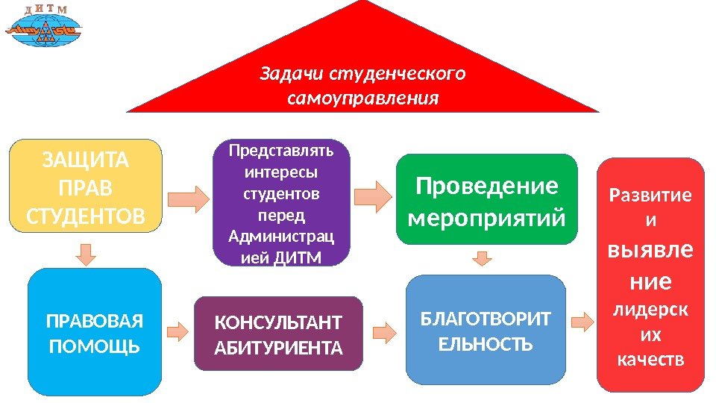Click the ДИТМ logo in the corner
(44, 31)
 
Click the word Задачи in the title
(292, 75)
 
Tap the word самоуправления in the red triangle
(362, 99)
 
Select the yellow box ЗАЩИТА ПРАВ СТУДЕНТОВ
(85, 184)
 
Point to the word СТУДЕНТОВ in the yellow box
(86, 216)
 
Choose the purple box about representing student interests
(281, 202)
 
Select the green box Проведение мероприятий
(487, 199)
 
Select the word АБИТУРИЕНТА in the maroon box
(279, 347)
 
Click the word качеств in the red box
(651, 360)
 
